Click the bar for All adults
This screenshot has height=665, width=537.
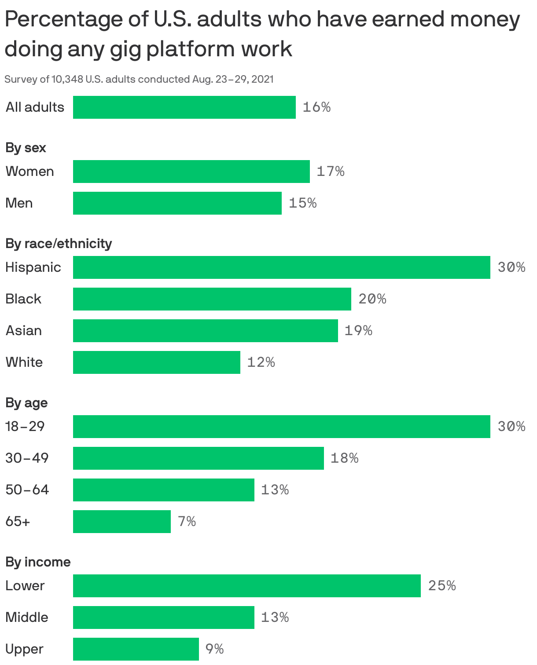click(x=184, y=107)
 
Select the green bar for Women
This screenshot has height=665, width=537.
click(x=191, y=172)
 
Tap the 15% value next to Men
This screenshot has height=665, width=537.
click(x=302, y=203)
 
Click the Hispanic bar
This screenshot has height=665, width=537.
click(x=281, y=267)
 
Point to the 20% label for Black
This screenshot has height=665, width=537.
click(x=372, y=299)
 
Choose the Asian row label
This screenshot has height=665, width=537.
click(x=24, y=331)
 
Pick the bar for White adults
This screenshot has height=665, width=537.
click(x=156, y=362)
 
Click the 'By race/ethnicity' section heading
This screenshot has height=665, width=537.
click(x=59, y=244)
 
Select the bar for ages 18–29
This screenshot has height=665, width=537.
click(x=281, y=427)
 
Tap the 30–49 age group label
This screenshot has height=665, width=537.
click(x=27, y=458)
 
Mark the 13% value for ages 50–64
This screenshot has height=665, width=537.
click(x=275, y=490)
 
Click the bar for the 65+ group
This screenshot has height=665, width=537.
click(x=121, y=522)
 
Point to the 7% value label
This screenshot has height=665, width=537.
click(x=187, y=522)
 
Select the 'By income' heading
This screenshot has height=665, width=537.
click(x=38, y=562)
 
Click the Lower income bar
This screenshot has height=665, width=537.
click(x=246, y=586)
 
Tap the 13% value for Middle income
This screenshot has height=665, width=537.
click(x=275, y=617)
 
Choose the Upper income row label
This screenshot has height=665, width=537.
click(x=25, y=649)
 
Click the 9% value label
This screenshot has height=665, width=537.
click(x=214, y=649)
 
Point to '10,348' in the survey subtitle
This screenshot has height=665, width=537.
click(x=67, y=79)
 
